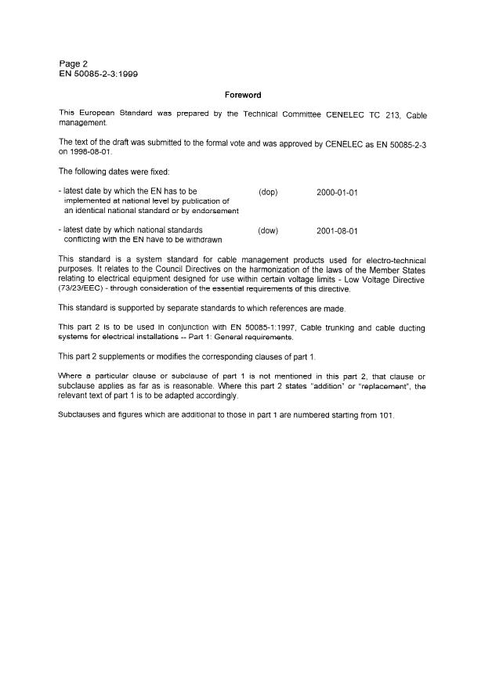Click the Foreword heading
[x=242, y=95]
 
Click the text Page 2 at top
[x=74, y=63]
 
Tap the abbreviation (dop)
[x=268, y=191]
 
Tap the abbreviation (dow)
[x=268, y=230]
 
